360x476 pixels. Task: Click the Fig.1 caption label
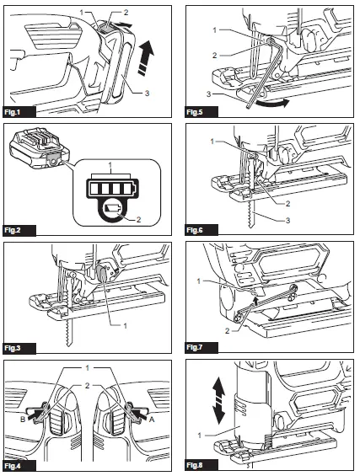pos(13,112)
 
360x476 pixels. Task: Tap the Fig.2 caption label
pos(13,230)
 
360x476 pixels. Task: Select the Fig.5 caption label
pos(195,112)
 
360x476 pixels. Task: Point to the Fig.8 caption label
pos(195,465)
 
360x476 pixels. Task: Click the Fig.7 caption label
pos(195,347)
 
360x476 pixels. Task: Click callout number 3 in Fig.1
pos(147,93)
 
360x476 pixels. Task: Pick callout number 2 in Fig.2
pos(139,219)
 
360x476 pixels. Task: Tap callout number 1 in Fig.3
pos(125,326)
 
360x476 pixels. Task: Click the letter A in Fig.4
pos(152,420)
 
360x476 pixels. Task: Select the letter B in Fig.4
pos(23,420)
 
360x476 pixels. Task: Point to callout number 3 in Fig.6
pos(288,220)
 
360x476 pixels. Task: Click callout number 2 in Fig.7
pos(228,330)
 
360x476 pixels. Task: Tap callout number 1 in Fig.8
pos(199,436)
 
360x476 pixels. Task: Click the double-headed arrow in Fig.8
pos(218,401)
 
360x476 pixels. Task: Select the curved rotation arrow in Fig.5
pos(271,104)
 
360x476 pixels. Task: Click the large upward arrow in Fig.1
pos(146,58)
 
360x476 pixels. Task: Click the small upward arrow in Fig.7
pos(256,302)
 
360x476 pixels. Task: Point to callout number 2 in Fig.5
pos(215,56)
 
